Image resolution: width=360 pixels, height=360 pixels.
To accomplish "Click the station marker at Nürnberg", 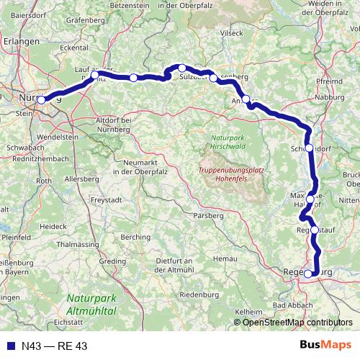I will click(x=42, y=100).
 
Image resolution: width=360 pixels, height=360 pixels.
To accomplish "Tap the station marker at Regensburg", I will click(x=308, y=274).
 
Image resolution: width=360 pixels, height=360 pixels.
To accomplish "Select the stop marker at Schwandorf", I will click(x=309, y=148).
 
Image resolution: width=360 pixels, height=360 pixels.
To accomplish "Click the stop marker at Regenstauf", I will click(x=314, y=230).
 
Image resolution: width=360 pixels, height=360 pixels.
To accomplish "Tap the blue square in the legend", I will click(x=12, y=346).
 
